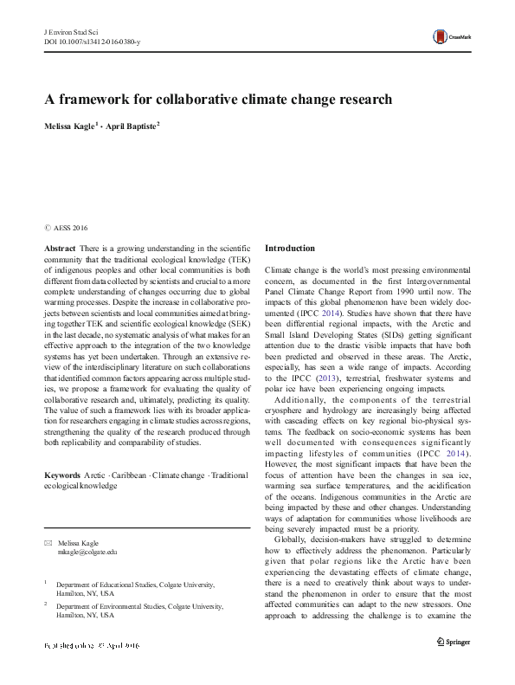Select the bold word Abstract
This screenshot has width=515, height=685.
pyautogui.click(x=59, y=248)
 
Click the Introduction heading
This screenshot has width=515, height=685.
pyautogui.click(x=290, y=248)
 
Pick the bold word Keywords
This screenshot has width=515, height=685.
pyautogui.click(x=62, y=476)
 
